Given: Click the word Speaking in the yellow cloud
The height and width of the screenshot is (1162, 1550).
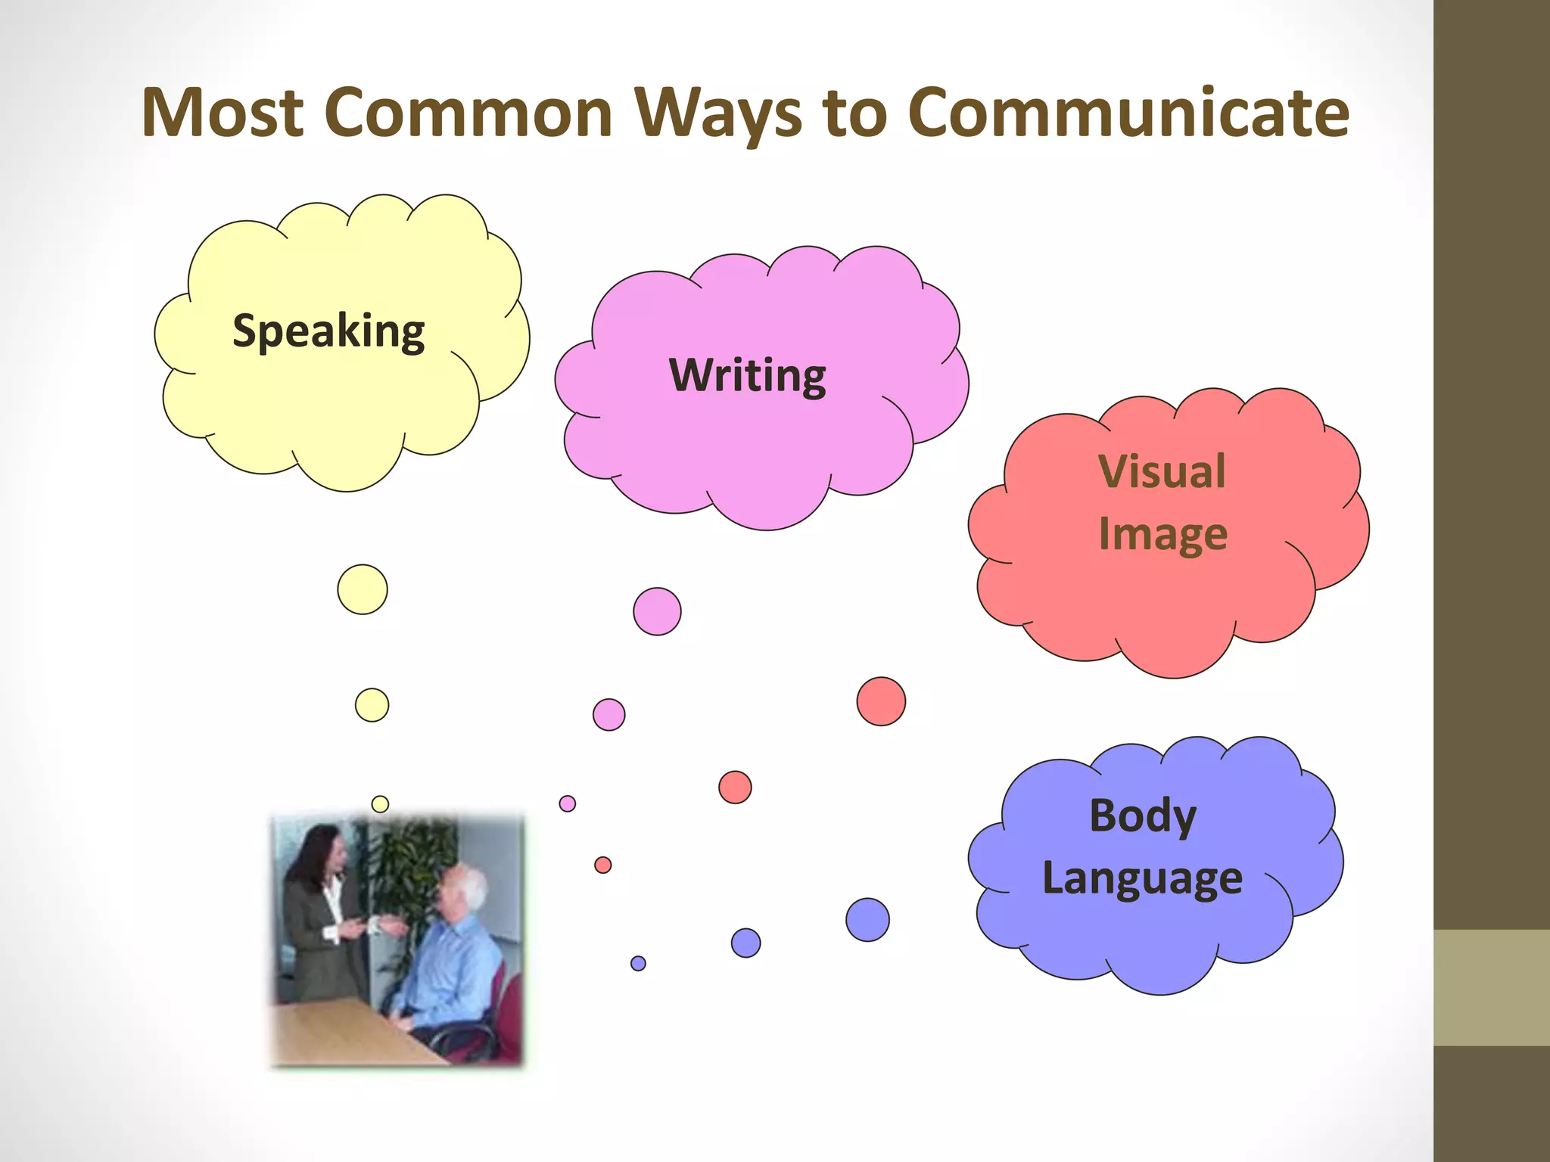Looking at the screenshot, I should tap(328, 331).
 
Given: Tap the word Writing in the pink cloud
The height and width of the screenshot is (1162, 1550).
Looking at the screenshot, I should tap(748, 375).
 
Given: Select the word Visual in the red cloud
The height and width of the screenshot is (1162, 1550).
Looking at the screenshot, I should tap(1162, 471).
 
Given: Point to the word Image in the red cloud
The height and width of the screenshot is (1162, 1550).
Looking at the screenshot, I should tap(1162, 534).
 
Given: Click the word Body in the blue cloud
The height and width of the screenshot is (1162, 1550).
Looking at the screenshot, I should tap(1143, 816).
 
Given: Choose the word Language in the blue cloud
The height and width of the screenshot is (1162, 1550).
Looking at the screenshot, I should tap(1142, 878).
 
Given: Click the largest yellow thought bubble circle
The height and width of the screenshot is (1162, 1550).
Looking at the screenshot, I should tap(363, 589).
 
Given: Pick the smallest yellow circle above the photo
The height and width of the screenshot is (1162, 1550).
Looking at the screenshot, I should tap(380, 804).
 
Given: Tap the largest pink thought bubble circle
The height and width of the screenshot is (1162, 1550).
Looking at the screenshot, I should tap(657, 611).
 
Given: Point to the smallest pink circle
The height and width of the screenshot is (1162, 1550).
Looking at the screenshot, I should tap(568, 803).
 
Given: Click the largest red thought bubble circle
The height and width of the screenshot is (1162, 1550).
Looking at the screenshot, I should tap(881, 701).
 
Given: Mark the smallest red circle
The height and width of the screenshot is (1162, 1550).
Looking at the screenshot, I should tap(603, 865).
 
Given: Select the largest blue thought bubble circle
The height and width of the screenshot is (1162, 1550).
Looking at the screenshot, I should tap(867, 920).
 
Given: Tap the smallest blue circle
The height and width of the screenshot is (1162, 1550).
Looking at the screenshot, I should tap(638, 963).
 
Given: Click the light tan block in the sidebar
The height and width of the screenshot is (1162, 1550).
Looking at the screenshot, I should tap(1492, 988).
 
